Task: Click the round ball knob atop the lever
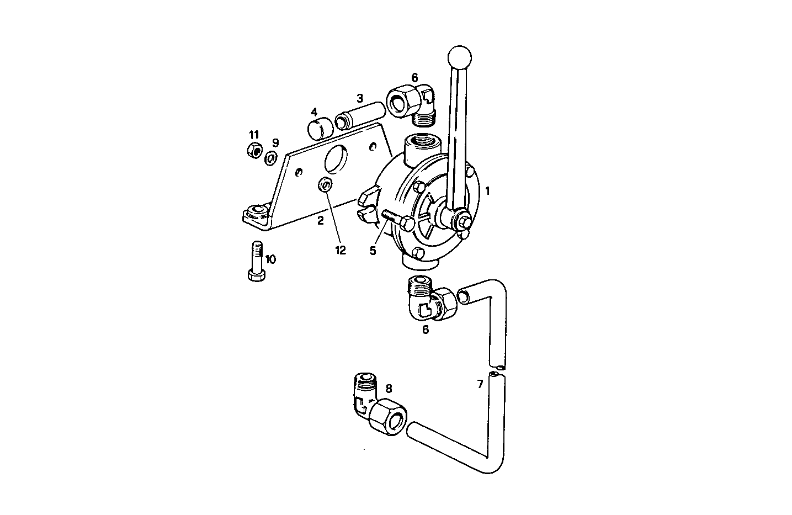[x=459, y=56]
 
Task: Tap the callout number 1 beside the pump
[x=487, y=191]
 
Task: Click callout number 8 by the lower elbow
[x=388, y=389]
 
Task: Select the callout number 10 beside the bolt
[x=270, y=259]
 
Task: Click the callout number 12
[x=340, y=250]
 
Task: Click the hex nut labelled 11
[x=254, y=150]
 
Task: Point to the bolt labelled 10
[x=256, y=262]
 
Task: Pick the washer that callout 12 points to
[x=325, y=184]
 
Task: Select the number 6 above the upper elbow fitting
[x=414, y=78]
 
